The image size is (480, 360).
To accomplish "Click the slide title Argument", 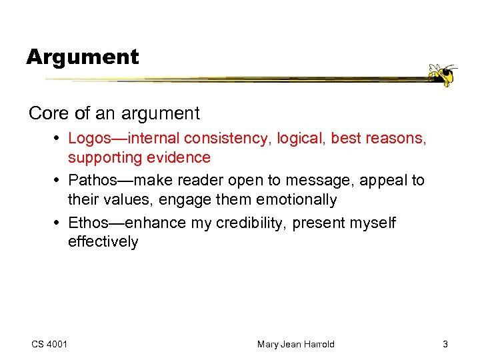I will coord(83,57).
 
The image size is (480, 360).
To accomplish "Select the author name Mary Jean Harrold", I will coord(295,344).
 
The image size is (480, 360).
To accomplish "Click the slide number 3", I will coord(445,344).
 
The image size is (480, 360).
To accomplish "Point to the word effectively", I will coord(103,242).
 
